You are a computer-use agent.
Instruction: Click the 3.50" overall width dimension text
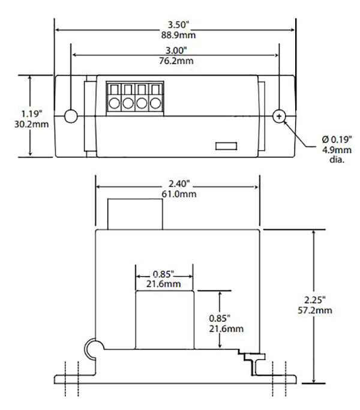click(180, 26)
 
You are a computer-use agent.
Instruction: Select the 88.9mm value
click(180, 35)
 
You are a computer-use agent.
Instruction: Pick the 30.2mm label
click(31, 124)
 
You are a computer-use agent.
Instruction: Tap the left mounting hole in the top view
click(71, 116)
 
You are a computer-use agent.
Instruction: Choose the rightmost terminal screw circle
click(156, 103)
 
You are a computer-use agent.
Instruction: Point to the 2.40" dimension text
click(177, 184)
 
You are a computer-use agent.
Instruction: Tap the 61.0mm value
click(177, 194)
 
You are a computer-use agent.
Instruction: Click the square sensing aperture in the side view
click(164, 319)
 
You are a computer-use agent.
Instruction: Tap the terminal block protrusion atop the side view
click(134, 214)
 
